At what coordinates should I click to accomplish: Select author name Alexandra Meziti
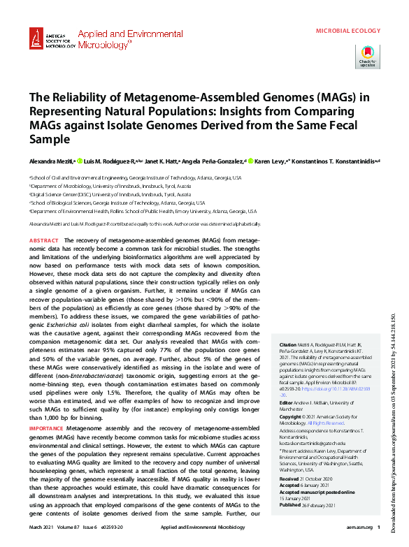(x=50, y=160)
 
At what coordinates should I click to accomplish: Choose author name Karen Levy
(x=269, y=160)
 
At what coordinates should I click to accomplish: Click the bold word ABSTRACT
(x=44, y=240)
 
